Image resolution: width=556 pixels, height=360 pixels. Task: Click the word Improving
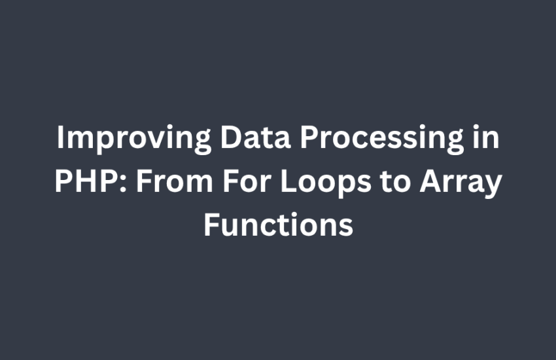134,139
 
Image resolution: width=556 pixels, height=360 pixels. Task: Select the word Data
256,137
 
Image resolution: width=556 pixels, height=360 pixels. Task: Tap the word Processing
382,139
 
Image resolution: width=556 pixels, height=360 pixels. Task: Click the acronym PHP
88,181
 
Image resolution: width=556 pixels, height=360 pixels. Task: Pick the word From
175,181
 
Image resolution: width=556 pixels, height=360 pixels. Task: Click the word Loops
326,183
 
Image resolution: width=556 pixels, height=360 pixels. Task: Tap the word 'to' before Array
395,182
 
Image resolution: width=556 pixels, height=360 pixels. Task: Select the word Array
461,183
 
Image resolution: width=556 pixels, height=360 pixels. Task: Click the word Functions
279,225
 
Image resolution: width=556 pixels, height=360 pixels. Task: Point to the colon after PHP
124,185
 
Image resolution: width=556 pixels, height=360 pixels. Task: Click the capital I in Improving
60,137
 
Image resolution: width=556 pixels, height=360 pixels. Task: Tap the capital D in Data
231,137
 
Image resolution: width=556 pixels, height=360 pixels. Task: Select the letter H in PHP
88,181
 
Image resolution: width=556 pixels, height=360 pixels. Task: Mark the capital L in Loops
288,181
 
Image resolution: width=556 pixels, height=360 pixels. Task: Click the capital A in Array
431,181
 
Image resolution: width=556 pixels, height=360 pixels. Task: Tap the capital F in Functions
211,225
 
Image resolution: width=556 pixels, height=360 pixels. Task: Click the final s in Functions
346,228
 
